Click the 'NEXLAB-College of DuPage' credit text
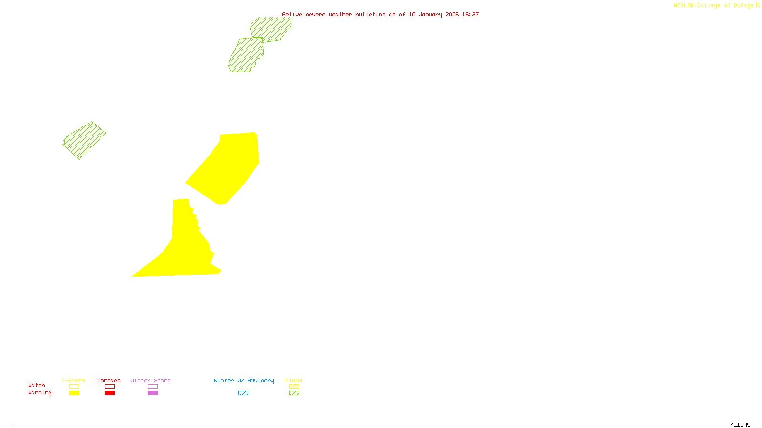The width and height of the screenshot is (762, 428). coord(714,6)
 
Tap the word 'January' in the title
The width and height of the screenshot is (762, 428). coord(430,15)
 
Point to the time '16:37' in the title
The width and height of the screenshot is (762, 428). coord(471,15)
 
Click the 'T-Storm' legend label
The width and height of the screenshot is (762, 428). coord(73,380)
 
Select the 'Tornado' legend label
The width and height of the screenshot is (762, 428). coord(109,380)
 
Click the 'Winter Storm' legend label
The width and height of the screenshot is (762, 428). coord(150,380)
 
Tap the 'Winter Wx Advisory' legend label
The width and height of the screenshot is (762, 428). coord(244,380)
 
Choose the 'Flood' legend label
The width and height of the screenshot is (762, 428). coord(294,380)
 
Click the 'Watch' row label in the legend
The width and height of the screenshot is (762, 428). coord(37,386)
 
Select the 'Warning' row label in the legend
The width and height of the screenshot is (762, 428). coord(40,393)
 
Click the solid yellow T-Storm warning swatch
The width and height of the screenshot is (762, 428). coord(74,393)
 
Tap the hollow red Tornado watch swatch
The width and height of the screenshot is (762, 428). coord(110,387)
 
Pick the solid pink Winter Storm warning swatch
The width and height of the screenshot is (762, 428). coord(152,393)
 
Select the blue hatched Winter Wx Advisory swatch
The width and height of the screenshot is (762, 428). coord(243,393)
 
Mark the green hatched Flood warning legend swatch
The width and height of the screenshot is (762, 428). coord(294,393)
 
